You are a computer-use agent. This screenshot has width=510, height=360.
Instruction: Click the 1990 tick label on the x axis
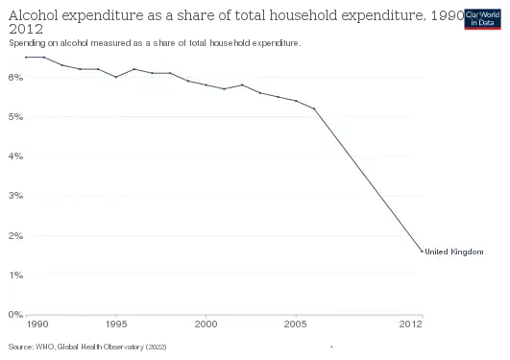37,325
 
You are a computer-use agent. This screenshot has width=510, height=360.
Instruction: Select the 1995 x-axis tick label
116,325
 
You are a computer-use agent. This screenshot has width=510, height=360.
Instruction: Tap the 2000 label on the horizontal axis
206,325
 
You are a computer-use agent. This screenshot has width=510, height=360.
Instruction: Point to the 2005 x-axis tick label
296,325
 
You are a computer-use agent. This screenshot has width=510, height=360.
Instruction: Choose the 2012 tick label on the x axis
410,325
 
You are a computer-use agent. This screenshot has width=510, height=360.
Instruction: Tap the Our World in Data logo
483,18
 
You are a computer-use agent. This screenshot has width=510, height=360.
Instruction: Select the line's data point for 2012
422,252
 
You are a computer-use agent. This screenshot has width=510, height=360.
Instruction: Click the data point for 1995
116,77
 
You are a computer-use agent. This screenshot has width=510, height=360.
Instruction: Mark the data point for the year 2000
206,85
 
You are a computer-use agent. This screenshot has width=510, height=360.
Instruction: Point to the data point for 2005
296,101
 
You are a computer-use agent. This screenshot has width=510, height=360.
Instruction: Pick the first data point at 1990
26,57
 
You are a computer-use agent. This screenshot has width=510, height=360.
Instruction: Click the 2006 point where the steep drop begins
314,108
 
